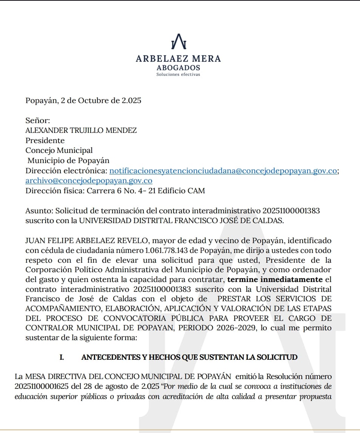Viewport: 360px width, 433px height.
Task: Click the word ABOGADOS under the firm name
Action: [178, 68]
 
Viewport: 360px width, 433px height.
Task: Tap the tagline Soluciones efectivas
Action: [178, 74]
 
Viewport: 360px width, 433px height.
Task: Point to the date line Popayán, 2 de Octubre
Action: [83, 101]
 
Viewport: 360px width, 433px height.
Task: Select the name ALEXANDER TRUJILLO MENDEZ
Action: [81, 131]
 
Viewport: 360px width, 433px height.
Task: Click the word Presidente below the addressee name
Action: [45, 140]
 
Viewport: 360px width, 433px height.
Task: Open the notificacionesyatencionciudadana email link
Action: [223, 171]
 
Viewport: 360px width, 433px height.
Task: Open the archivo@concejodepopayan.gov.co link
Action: [89, 180]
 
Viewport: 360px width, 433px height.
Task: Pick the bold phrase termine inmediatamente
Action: [275, 280]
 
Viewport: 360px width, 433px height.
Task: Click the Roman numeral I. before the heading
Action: [62, 357]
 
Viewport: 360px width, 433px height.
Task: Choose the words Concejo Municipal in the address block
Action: [59, 150]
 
